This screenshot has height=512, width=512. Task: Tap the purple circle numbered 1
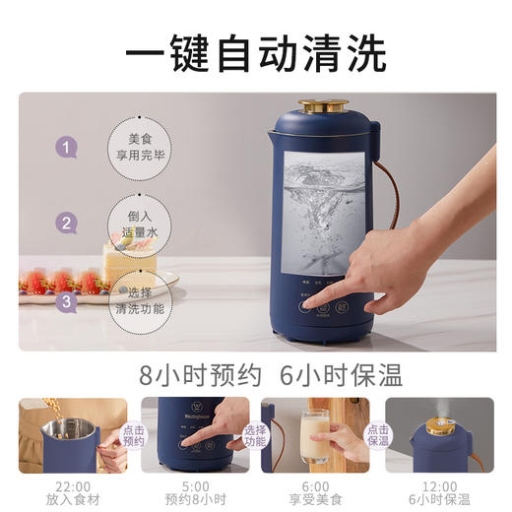pyautogui.click(x=66, y=149)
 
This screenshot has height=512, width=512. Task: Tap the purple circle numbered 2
pyautogui.click(x=66, y=223)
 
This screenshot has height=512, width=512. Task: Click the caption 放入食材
pyautogui.click(x=72, y=498)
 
